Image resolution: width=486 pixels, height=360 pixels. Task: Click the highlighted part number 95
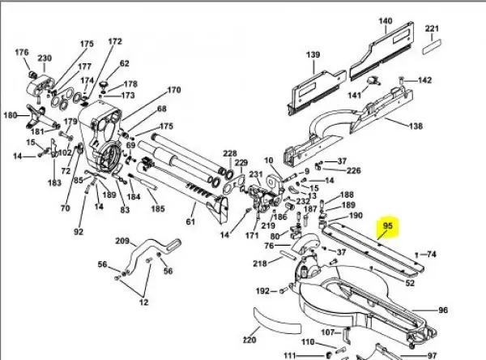coord(388,226)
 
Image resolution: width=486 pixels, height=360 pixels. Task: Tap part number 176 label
coord(22,53)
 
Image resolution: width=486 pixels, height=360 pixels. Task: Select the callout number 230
coord(45,58)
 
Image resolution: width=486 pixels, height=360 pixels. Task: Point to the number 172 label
coord(115,41)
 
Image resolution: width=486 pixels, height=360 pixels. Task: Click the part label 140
coord(386,21)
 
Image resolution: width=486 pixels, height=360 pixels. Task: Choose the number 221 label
coord(432,29)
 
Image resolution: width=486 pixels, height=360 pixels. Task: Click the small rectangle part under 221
coord(432,46)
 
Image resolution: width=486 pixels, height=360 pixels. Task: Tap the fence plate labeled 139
coord(317,92)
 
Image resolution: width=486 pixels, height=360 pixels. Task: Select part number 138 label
coord(416,126)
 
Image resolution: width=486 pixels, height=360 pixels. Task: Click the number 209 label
coord(122,241)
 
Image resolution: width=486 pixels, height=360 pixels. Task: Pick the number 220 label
coord(249,340)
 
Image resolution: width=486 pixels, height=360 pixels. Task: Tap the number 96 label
coord(443,310)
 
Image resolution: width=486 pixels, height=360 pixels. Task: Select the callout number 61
coord(190,221)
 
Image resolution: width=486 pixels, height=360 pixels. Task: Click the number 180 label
coord(11,115)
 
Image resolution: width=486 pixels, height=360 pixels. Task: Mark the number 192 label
coord(262,291)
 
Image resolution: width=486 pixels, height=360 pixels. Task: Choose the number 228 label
coord(230,153)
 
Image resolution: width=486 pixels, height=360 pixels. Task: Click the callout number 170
coord(174,90)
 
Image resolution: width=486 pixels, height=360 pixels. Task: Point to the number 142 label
coord(424,80)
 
